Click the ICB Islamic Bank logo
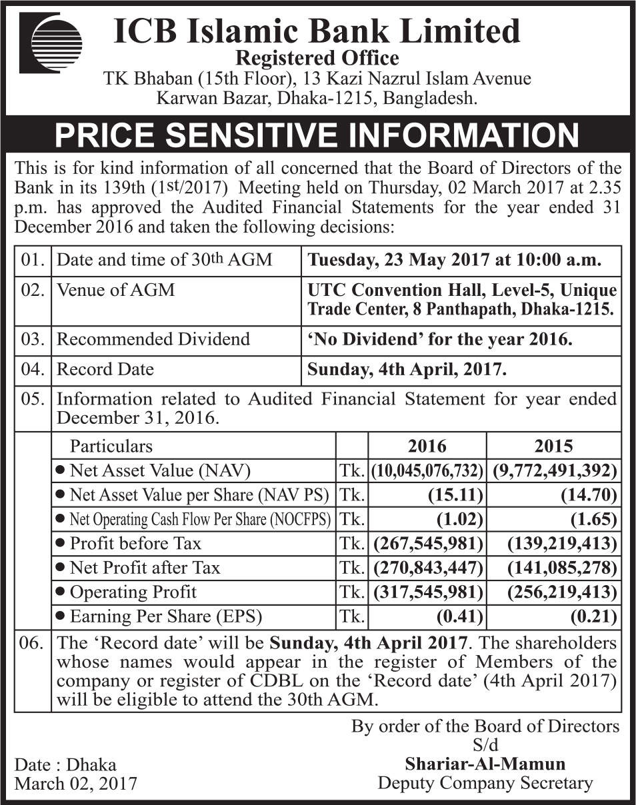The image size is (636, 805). [51, 43]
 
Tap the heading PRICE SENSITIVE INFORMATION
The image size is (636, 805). [317, 135]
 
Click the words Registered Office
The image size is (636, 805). [317, 58]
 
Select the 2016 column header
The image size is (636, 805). [427, 446]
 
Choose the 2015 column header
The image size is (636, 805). [553, 446]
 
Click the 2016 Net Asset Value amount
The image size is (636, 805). [427, 470]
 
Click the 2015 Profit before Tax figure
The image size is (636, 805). [561, 543]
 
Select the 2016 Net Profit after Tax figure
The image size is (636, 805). [428, 568]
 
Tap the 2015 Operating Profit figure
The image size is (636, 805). [561, 592]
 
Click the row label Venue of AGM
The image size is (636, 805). [115, 290]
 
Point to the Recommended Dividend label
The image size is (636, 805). [153, 339]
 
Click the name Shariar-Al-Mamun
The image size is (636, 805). [485, 764]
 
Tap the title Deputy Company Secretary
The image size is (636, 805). [485, 783]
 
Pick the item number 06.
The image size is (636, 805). [32, 644]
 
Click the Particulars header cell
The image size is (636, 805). [111, 446]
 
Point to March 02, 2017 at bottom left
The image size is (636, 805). [75, 783]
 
